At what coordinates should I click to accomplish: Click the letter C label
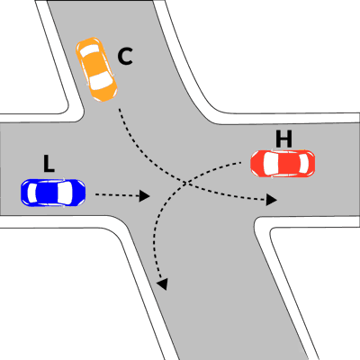pos(125,57)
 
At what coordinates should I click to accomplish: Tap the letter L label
pos(49,164)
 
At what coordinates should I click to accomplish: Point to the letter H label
pos(283,139)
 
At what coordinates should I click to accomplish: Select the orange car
pos(96,69)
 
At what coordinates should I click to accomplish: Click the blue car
pos(53,193)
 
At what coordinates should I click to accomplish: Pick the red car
pos(283,163)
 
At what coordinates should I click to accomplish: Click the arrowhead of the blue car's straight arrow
pos(145,196)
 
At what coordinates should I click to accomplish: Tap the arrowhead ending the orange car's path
pos(272,200)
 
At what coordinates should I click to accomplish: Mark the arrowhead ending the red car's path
pos(163,284)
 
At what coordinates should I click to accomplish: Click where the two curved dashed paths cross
pos(186,182)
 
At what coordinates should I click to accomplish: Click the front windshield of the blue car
pos(65,193)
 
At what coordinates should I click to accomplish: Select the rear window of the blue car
pos(31,193)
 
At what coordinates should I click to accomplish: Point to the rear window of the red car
pos(304,163)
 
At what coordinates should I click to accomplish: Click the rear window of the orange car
pos(90,49)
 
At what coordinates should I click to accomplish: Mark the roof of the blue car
pos(47,193)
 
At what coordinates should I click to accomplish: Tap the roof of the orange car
pos(94,64)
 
